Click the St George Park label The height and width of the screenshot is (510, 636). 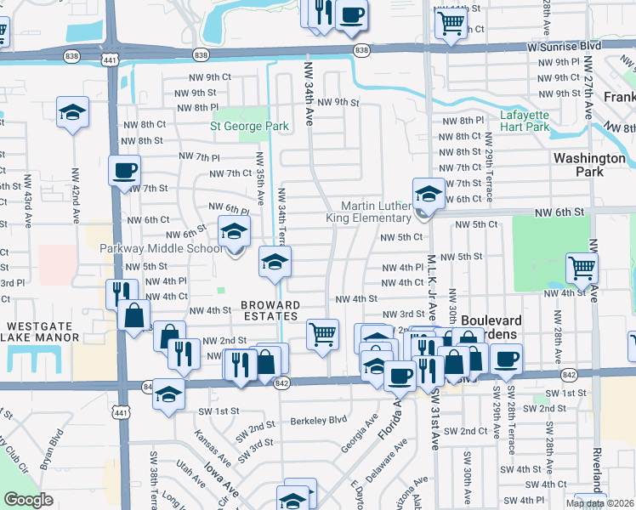[x=249, y=127]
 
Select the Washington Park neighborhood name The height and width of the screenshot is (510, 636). [x=588, y=164]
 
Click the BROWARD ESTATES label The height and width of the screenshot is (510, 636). [x=270, y=310]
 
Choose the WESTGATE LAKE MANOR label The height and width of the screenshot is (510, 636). [x=43, y=331]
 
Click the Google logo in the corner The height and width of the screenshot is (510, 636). [x=28, y=500]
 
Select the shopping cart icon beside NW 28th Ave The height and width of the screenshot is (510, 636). [x=582, y=267]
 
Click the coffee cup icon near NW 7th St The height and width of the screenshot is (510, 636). [x=124, y=169]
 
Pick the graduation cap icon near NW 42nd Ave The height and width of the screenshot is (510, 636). [x=72, y=111]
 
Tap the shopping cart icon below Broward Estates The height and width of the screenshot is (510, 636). [x=322, y=334]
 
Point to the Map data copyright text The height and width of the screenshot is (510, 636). [x=600, y=503]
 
